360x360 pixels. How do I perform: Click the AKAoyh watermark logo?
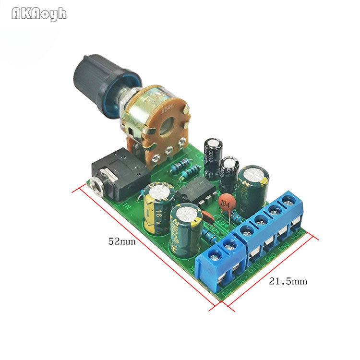pyautogui.click(x=39, y=14)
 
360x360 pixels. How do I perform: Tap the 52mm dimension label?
pyautogui.click(x=121, y=242)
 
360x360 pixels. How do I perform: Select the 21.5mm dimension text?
pyautogui.click(x=288, y=281)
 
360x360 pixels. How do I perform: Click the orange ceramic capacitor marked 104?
pyautogui.click(x=225, y=203)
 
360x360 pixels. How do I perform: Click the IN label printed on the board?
pyautogui.click(x=127, y=207)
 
